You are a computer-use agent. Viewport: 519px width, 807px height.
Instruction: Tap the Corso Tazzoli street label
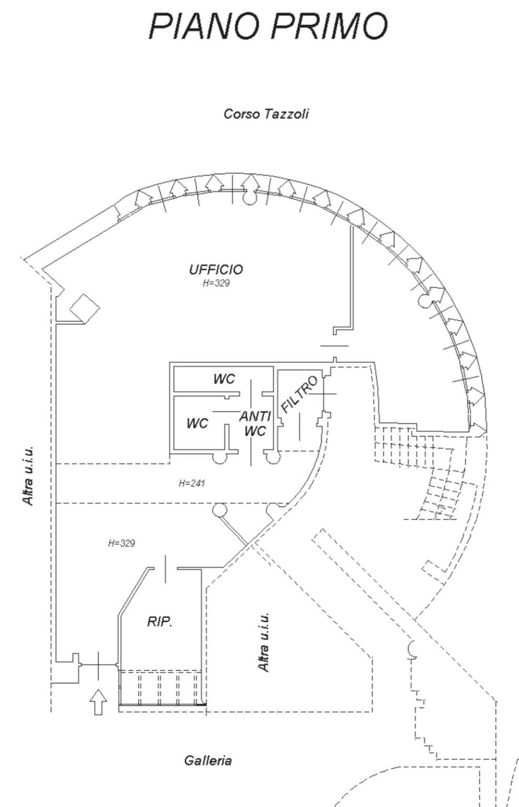pyautogui.click(x=266, y=114)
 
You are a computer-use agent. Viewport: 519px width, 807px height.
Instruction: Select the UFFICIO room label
pyautogui.click(x=216, y=270)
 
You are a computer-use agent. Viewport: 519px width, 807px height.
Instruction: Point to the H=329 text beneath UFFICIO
pyautogui.click(x=216, y=283)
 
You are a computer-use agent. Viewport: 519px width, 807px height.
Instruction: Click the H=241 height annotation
pyautogui.click(x=192, y=483)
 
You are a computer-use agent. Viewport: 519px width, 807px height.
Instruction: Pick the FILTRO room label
pyautogui.click(x=300, y=394)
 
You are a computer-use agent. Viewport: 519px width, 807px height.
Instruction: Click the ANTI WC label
pyautogui.click(x=255, y=424)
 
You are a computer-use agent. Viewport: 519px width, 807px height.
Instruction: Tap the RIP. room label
pyautogui.click(x=159, y=622)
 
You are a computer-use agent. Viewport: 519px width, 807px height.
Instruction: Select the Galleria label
pyautogui.click(x=208, y=760)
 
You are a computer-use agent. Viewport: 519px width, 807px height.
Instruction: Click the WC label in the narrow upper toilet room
pyautogui.click(x=224, y=379)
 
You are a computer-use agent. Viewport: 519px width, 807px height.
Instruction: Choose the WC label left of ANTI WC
pyautogui.click(x=197, y=423)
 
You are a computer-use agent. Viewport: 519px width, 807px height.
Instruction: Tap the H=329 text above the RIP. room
pyautogui.click(x=121, y=543)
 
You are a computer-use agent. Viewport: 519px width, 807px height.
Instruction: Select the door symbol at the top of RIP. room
pyautogui.click(x=165, y=568)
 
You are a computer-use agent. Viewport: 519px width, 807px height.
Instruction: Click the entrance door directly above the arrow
pyautogui.click(x=98, y=665)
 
